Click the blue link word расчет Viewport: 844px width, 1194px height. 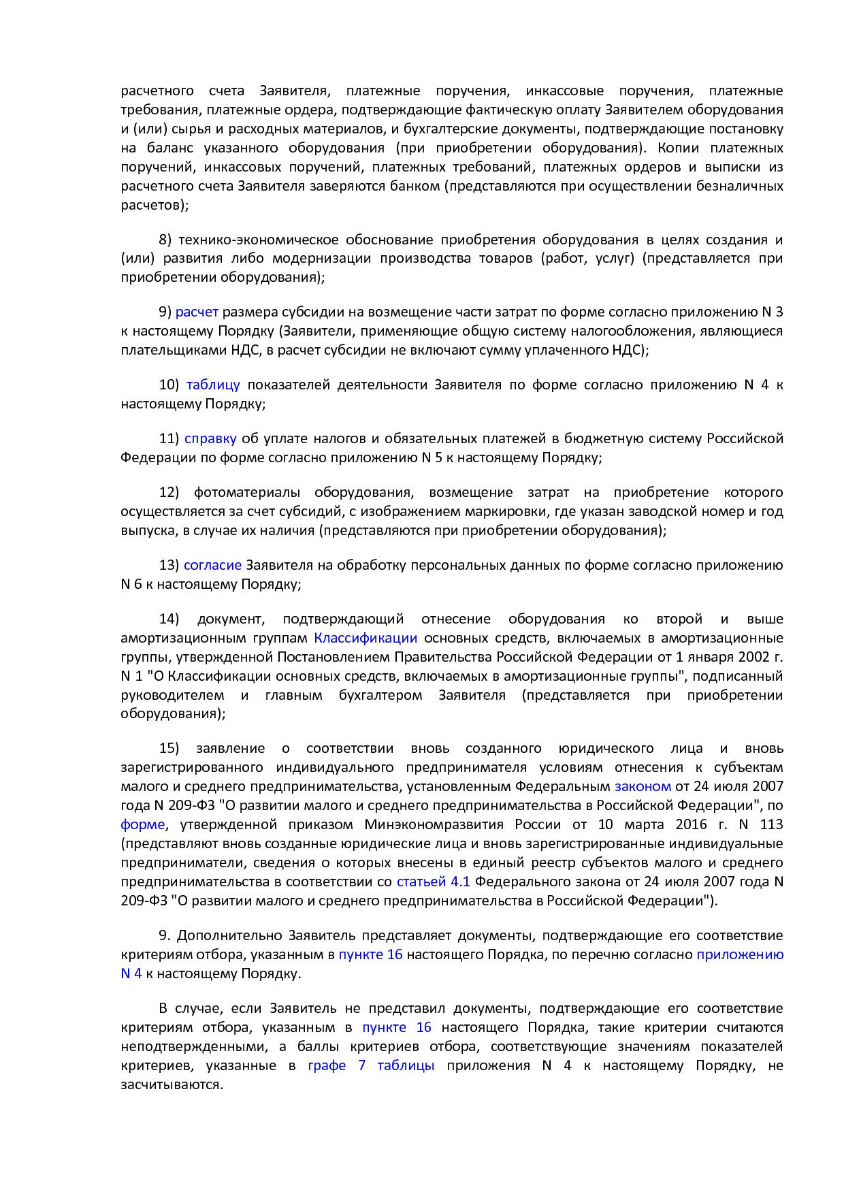[x=197, y=312]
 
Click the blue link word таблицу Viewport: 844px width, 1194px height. [x=213, y=385]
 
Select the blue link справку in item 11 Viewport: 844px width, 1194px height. [x=210, y=439]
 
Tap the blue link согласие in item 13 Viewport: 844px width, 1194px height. [x=212, y=566]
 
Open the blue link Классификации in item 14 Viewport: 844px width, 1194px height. [x=366, y=639]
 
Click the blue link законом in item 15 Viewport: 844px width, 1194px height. [x=643, y=787]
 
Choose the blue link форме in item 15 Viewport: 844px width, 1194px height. [x=142, y=825]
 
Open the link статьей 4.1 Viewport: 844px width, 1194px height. [x=433, y=882]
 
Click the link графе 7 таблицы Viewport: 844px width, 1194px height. [x=371, y=1066]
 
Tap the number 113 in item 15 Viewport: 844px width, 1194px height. [x=771, y=825]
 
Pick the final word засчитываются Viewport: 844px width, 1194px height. [x=172, y=1085]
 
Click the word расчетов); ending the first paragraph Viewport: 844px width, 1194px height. [x=155, y=206]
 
